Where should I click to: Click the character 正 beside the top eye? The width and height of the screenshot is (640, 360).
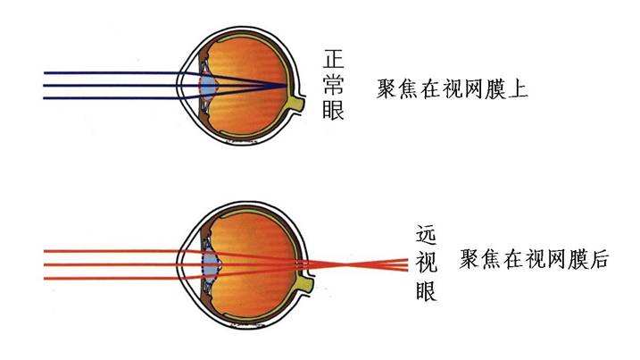point(334,59)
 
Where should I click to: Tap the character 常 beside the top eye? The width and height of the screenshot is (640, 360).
point(334,85)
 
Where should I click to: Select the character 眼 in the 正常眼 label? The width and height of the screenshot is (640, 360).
point(334,110)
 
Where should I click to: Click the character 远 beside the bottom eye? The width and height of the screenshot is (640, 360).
point(427,235)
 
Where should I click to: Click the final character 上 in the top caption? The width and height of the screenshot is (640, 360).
point(518,89)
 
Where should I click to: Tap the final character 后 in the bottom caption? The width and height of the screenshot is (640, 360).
point(598,259)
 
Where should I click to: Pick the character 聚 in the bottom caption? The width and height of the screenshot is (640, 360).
point(469,259)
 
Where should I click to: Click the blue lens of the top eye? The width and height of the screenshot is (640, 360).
point(209,86)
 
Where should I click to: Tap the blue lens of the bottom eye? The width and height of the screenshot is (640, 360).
point(211,262)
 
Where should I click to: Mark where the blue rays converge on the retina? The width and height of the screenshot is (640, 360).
point(286,86)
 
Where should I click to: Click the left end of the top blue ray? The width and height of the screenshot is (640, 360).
point(45,73)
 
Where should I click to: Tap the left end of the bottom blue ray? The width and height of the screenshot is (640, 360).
point(45,98)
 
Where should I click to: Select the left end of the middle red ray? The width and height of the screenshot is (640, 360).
point(45,264)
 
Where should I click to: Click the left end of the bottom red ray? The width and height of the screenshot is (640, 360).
point(45,279)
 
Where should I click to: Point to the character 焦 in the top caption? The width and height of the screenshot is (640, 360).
point(409,89)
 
